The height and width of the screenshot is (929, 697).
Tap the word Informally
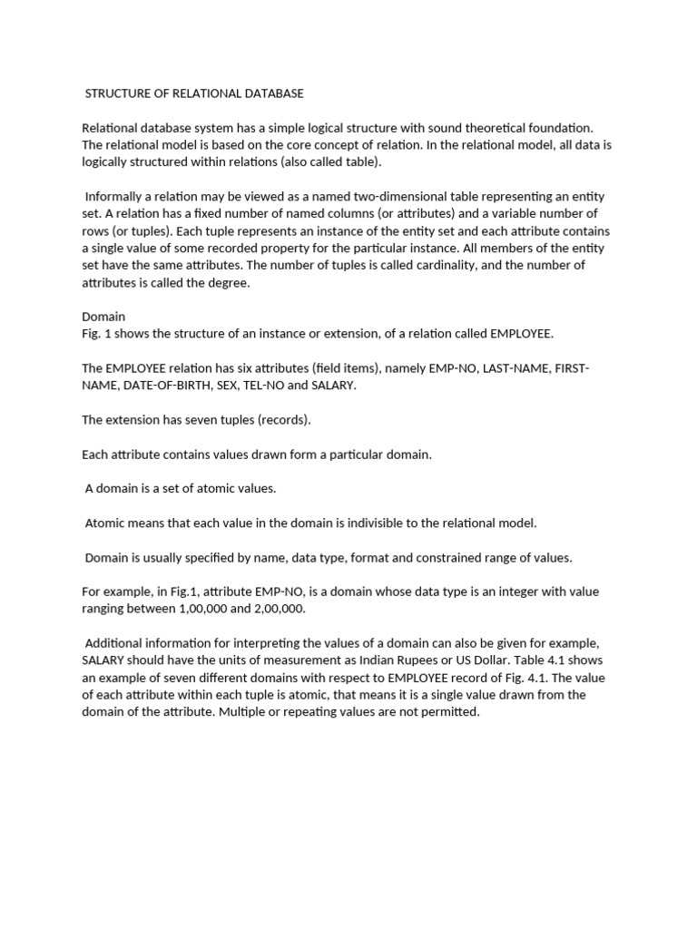pyautogui.click(x=114, y=197)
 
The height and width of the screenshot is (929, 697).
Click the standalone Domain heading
pyautogui.click(x=103, y=317)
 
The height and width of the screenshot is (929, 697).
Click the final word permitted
pyautogui.click(x=450, y=712)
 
